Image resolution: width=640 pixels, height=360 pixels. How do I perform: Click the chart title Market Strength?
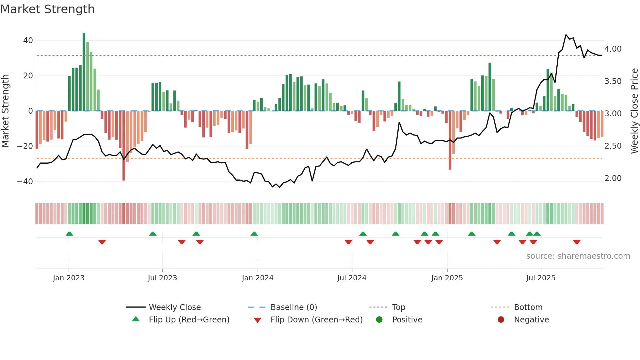coord(48,9)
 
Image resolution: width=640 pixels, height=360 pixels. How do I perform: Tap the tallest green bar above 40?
coord(84,72)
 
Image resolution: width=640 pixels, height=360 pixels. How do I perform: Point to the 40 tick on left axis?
coord(28,41)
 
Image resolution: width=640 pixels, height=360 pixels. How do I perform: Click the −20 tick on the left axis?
coord(25,146)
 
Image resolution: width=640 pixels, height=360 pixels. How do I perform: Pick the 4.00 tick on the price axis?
coord(613,49)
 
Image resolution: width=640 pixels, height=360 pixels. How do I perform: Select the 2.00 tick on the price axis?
coord(613,178)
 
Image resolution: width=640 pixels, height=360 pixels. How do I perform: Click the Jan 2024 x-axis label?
coord(258,278)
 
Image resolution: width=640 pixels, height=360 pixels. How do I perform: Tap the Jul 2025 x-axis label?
coord(541,278)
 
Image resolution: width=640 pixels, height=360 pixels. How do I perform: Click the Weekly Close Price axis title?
coord(634,111)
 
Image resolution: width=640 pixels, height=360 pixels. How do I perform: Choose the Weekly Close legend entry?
coord(175,307)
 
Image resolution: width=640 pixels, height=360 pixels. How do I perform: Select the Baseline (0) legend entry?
coord(294,307)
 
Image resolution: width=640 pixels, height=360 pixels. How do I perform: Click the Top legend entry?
coord(398,307)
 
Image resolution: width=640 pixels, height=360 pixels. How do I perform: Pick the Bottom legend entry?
coord(528,307)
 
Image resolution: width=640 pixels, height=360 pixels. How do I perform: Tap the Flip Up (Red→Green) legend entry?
coord(189,320)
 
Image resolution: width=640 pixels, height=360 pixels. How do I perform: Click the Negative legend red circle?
coord(501,319)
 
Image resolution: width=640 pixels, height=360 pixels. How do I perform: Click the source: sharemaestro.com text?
coord(578,256)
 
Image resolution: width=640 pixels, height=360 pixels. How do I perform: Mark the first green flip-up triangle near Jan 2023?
coord(69,234)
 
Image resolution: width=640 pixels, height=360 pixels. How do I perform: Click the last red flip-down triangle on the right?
coord(577,242)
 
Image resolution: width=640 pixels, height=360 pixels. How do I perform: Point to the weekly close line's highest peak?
coord(566,35)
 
